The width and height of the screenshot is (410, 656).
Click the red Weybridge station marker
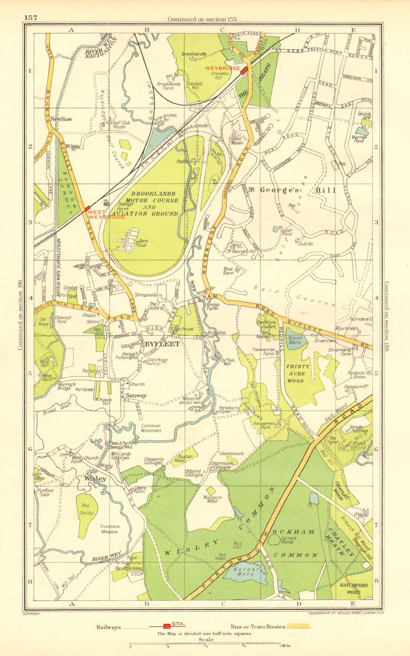click(244, 70)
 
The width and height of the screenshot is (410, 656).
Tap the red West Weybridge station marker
click(87, 209)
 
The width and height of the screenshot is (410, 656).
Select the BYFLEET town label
click(162, 344)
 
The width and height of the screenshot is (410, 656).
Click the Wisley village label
click(95, 478)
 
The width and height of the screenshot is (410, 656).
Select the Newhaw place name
click(62, 119)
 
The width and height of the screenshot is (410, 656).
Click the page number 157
click(31, 18)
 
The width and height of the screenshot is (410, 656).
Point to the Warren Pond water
click(362, 132)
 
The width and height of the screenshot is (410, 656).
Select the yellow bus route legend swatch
click(298, 626)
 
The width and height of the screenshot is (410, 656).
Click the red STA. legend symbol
click(167, 626)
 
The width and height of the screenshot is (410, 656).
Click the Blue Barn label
click(228, 271)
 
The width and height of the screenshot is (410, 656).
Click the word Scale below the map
click(206, 639)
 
